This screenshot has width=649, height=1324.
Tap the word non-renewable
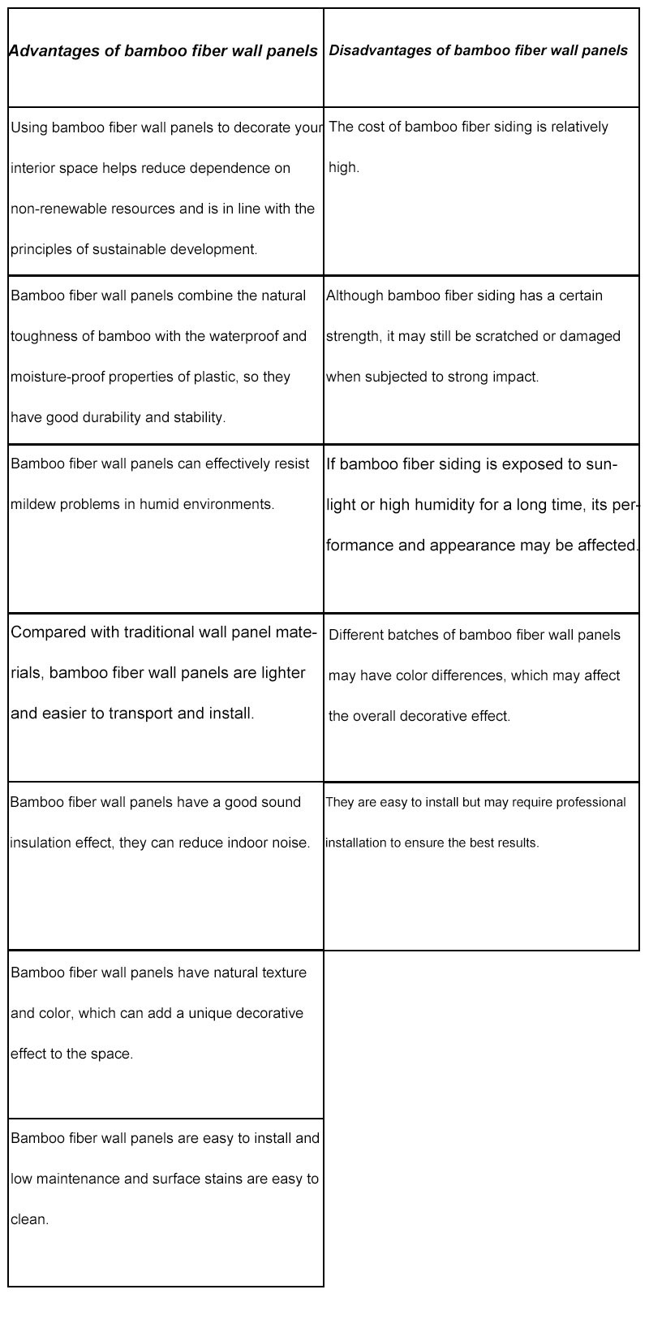(53, 209)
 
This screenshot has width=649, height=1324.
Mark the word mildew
(32, 504)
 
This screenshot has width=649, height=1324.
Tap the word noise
(291, 843)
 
